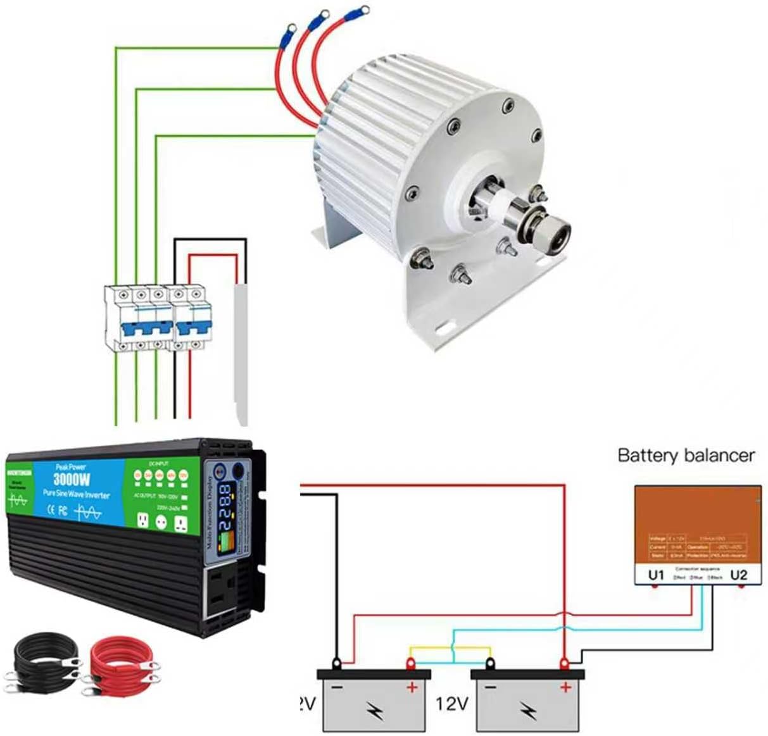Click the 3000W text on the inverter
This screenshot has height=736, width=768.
(x=71, y=478)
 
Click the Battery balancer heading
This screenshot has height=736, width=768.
(x=686, y=456)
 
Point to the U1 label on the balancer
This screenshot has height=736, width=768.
(x=656, y=575)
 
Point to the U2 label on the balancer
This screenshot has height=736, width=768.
(x=738, y=575)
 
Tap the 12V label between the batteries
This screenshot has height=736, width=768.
(x=451, y=703)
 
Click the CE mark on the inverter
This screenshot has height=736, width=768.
(x=54, y=511)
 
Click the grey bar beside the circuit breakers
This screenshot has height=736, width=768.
(x=241, y=354)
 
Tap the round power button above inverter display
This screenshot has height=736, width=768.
(x=239, y=471)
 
